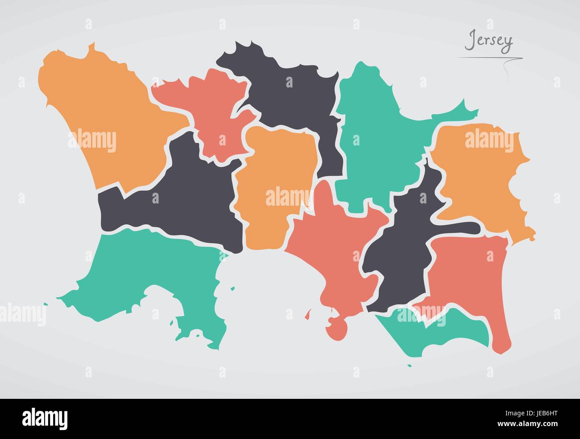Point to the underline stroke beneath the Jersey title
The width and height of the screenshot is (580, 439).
(x=489, y=58)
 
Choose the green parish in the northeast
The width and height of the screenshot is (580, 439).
(x=379, y=134)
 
